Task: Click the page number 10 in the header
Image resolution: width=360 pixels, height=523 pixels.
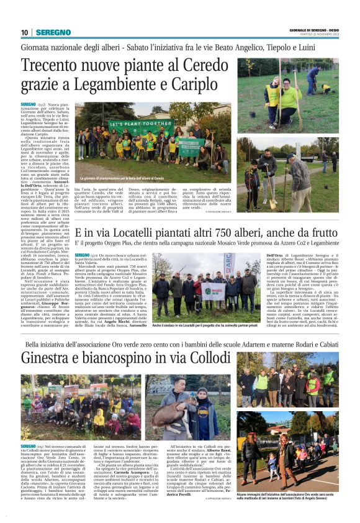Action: tap(25, 32)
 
